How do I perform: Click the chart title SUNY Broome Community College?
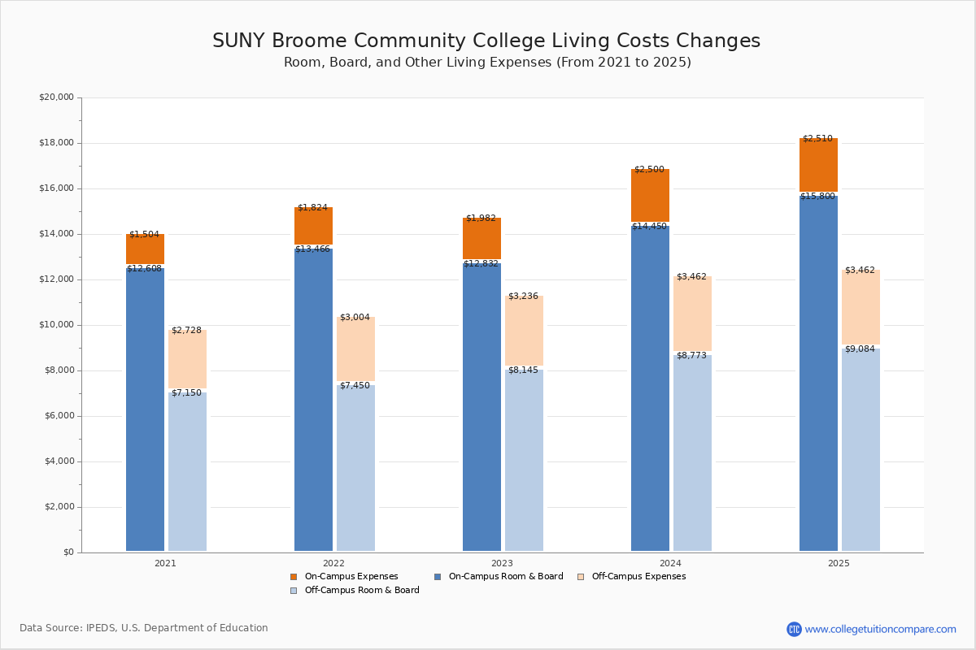click(x=486, y=41)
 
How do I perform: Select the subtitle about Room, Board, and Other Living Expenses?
click(x=486, y=63)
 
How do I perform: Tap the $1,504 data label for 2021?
click(x=144, y=235)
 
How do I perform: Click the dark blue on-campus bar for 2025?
click(x=818, y=374)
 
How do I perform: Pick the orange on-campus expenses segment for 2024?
click(x=650, y=195)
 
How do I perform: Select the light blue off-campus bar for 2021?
click(x=187, y=471)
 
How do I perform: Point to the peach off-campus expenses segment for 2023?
click(x=524, y=330)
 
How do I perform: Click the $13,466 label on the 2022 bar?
click(x=312, y=249)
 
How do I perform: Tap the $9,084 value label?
click(x=860, y=349)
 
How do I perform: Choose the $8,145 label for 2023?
click(x=523, y=370)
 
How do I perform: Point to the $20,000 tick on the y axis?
click(x=56, y=97)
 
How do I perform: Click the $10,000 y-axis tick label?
click(x=56, y=325)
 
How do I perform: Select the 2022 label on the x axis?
click(x=333, y=563)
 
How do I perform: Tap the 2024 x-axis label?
click(x=670, y=563)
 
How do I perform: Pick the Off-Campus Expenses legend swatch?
click(x=581, y=577)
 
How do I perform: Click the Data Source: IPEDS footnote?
click(x=144, y=628)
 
